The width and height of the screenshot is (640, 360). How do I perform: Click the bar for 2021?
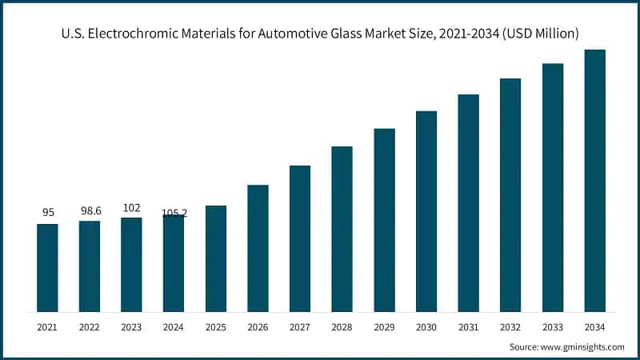click(47, 268)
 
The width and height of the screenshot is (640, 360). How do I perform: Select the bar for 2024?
click(174, 263)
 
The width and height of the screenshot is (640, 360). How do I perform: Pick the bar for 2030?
click(426, 211)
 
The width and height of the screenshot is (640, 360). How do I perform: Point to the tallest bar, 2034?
click(594, 181)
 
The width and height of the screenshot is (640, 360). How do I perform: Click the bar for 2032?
click(510, 195)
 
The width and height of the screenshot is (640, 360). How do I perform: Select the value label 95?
click(47, 213)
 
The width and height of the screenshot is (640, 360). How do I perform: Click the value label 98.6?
click(90, 210)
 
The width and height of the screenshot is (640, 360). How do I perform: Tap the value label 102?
click(131, 207)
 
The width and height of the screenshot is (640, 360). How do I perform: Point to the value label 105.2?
click(174, 214)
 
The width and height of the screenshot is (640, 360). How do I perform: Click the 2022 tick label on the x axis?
click(90, 327)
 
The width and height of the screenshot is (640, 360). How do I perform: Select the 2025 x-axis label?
click(216, 327)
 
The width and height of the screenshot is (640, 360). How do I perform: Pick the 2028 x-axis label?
click(342, 327)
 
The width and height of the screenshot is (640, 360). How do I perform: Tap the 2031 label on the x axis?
click(468, 327)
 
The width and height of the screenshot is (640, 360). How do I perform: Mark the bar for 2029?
click(384, 220)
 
